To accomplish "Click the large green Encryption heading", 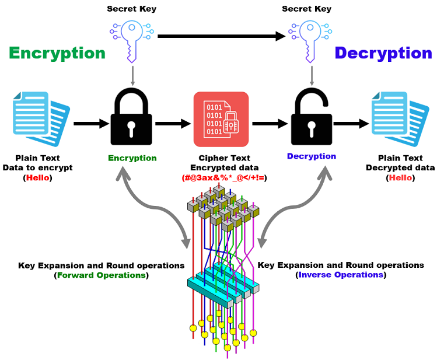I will [57, 53].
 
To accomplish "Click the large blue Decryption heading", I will [383, 53].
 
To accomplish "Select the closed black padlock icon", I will [131, 120].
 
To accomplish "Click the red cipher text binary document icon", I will [221, 119].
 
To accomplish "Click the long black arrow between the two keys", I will [222, 36].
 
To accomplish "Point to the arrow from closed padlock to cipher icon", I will [173, 124].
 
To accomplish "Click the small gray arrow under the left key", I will [132, 75].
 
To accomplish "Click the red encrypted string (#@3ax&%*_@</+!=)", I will [225, 177].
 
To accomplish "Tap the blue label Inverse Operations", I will [341, 274].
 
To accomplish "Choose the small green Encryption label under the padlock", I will [132, 158].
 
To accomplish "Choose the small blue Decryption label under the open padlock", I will [311, 156].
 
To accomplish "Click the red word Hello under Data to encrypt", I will [38, 177].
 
